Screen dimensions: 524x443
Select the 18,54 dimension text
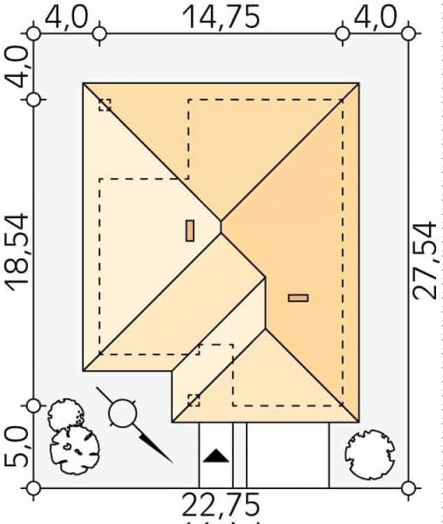tap(18, 250)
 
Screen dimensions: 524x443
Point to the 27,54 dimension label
tap(423, 260)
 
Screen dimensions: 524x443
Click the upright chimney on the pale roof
tap(189, 230)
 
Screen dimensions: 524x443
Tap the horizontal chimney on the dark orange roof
tap(298, 298)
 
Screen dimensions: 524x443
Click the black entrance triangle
tap(216, 457)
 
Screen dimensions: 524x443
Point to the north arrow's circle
tap(123, 413)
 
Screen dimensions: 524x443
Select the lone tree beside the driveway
tap(369, 448)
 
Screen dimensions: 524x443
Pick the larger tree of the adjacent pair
tap(73, 450)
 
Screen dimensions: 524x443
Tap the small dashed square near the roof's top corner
tap(105, 105)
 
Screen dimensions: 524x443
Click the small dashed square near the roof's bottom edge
tap(194, 400)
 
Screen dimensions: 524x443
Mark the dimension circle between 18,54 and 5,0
tap(33, 405)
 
